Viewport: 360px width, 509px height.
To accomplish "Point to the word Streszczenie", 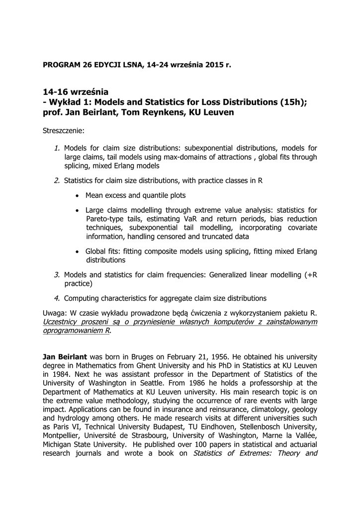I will click(64, 132).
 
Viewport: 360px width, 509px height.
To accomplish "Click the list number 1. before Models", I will click(57, 148).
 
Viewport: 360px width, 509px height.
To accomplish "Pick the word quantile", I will click(152, 195).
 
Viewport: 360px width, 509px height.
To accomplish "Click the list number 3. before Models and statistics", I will click(57, 274).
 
